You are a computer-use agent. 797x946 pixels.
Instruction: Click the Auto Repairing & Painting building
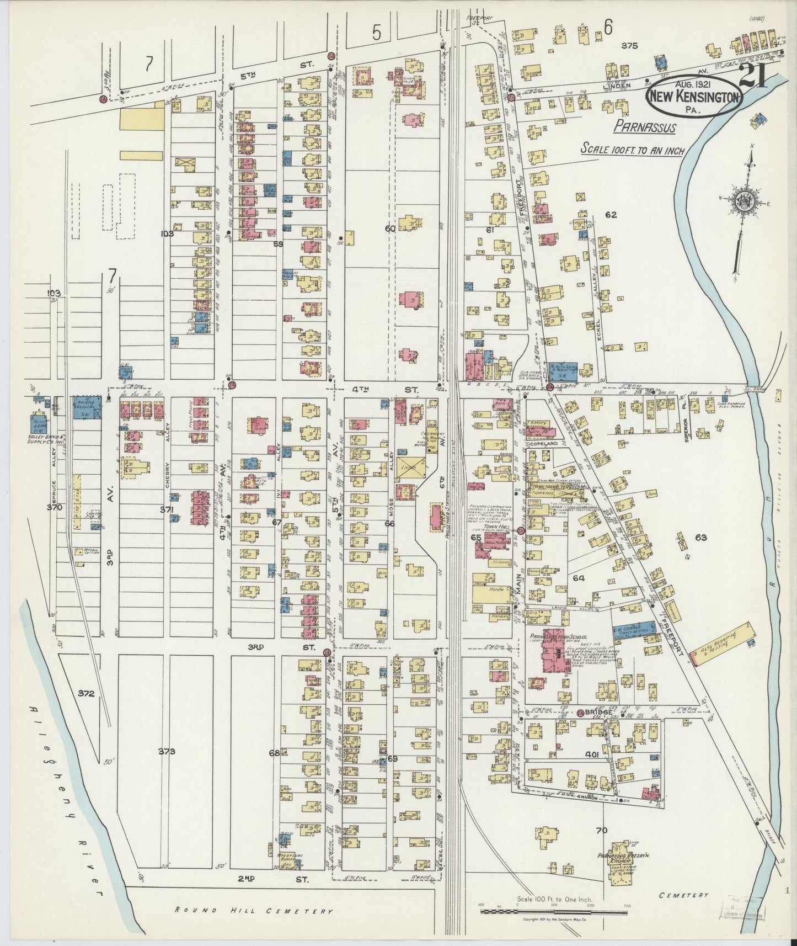pyautogui.click(x=723, y=643)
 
